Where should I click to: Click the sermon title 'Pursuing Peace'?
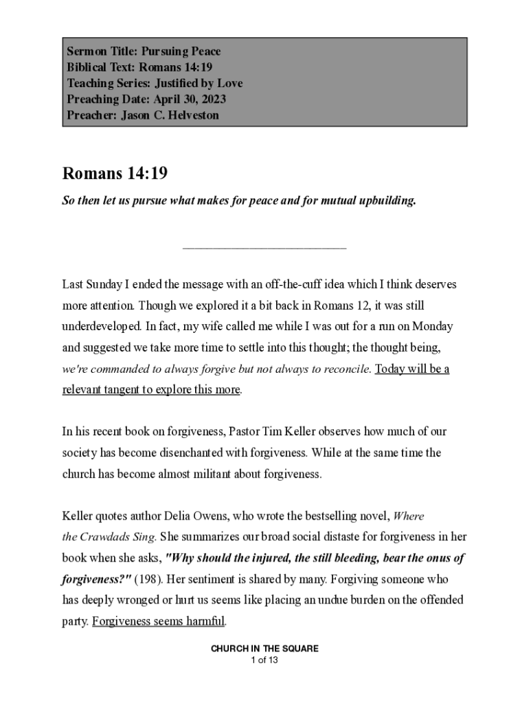[x=181, y=51]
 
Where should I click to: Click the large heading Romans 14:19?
[x=115, y=174]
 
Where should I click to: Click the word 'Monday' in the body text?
[x=434, y=326]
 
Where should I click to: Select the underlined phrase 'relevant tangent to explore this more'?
[x=151, y=390]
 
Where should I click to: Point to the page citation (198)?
[x=148, y=579]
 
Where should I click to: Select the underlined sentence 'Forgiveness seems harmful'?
[x=158, y=622]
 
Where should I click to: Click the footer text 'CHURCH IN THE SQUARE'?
[x=264, y=649]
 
